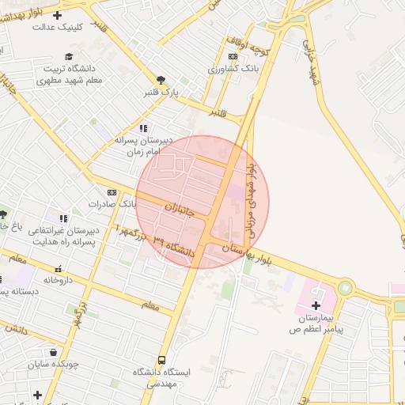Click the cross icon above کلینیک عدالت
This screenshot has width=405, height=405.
[57, 15]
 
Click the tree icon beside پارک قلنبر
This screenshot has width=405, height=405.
[162, 79]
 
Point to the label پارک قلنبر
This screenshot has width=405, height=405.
[161, 93]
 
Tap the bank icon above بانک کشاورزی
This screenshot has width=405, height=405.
[232, 57]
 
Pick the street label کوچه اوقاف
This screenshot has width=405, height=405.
[252, 47]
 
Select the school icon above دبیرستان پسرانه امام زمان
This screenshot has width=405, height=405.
[142, 128]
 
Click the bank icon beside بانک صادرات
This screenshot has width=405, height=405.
[112, 192]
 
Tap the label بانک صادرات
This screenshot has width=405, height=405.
[112, 204]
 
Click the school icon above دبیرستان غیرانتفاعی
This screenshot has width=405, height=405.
[63, 218]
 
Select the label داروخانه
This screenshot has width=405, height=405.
[58, 280]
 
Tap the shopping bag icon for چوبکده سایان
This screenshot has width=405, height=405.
[54, 353]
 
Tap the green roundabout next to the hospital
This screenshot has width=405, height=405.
[344, 288]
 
